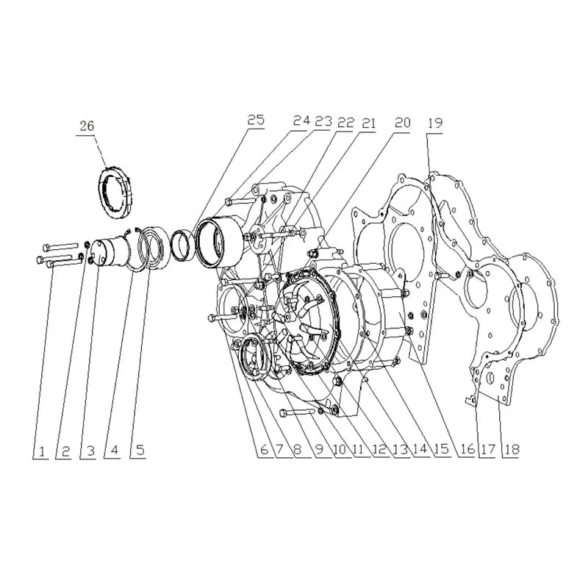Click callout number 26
click(x=87, y=126)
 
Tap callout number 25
click(x=256, y=120)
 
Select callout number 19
click(x=435, y=123)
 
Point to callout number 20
click(x=403, y=122)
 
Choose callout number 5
click(x=140, y=450)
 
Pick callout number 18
click(x=512, y=449)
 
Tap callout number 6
click(x=265, y=450)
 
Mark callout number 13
click(x=401, y=449)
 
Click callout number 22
click(x=345, y=122)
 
